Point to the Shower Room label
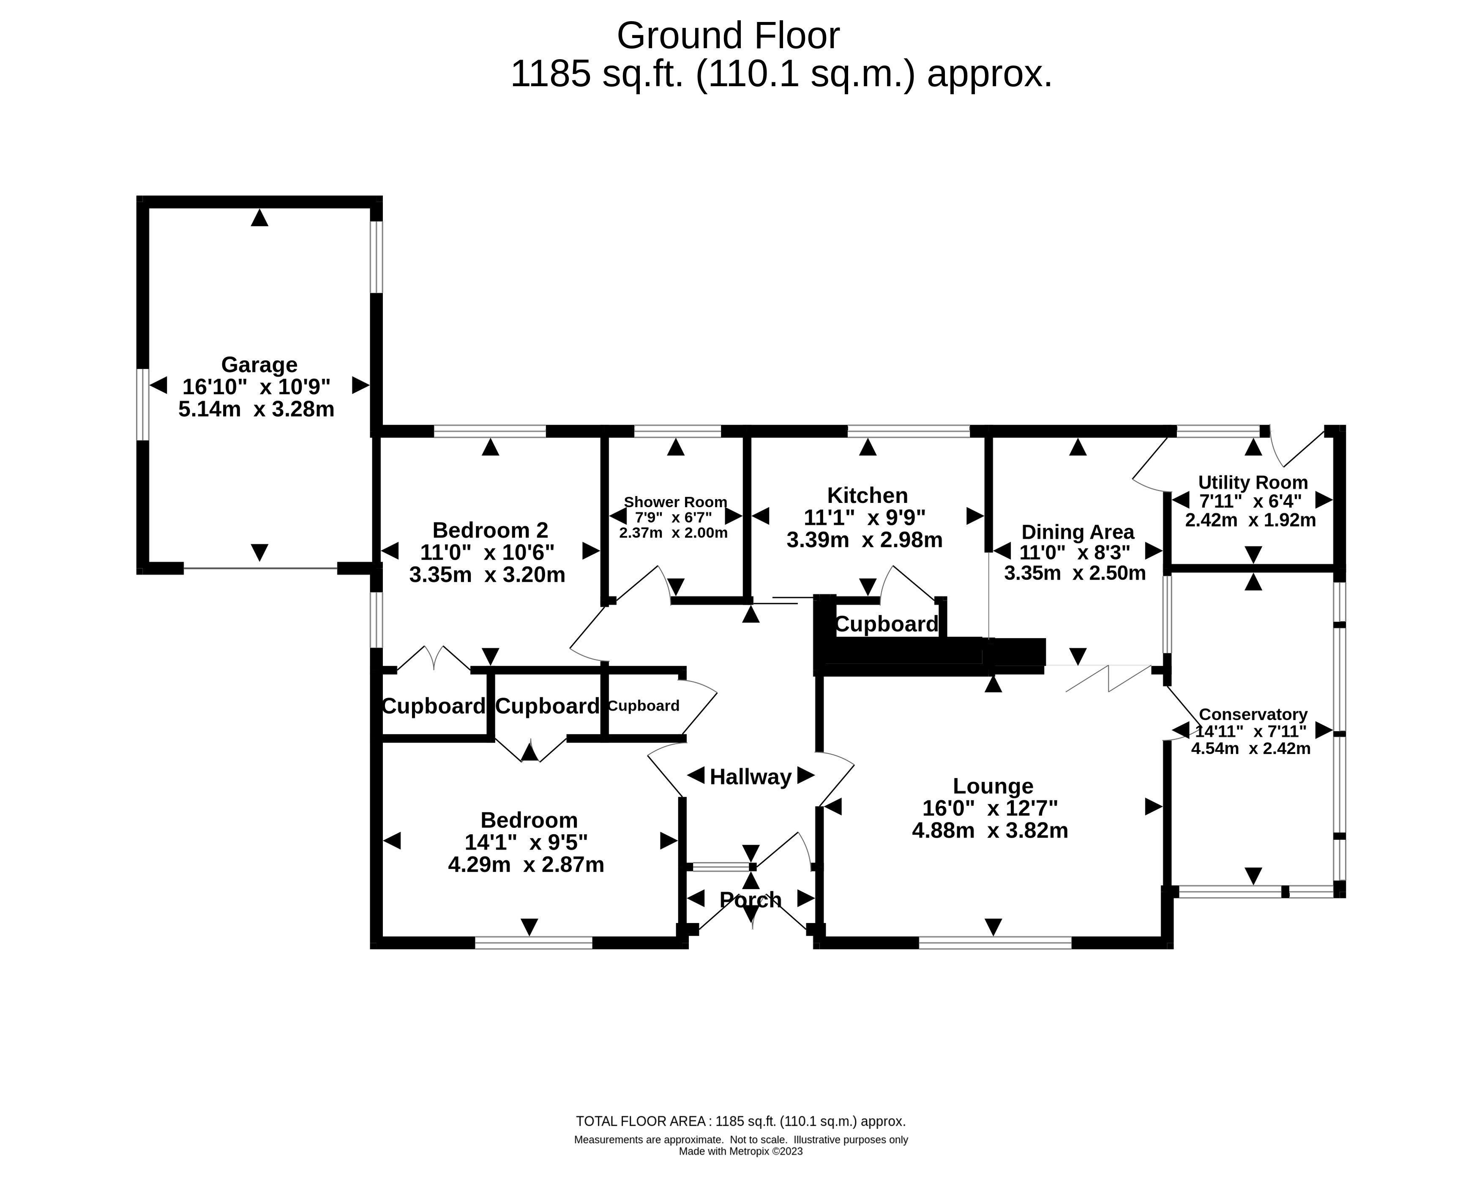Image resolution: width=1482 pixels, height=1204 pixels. point(675,502)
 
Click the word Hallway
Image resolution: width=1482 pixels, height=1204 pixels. point(751,777)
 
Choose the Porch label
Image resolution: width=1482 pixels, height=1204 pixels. point(751,900)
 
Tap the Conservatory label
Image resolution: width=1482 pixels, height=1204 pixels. point(1253,714)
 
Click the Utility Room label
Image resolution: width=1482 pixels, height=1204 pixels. point(1253,482)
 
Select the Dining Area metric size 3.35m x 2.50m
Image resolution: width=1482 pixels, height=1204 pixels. point(1075,573)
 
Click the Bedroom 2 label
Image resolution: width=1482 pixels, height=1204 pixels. point(490,530)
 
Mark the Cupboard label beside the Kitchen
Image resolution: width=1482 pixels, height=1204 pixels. point(886,624)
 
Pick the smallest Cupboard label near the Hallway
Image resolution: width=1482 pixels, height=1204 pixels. point(644,706)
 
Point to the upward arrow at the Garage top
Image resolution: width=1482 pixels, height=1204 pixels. point(259,218)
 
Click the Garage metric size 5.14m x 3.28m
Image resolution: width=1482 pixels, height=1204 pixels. point(256,409)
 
